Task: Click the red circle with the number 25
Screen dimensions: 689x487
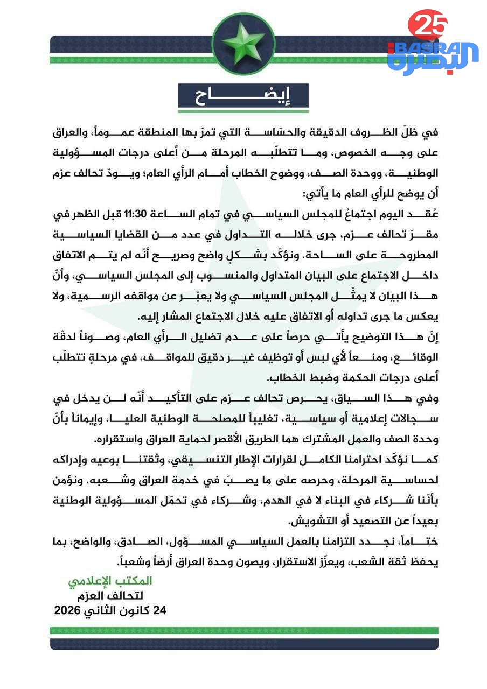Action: (x=427, y=24)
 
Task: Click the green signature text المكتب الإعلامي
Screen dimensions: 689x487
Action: (x=110, y=581)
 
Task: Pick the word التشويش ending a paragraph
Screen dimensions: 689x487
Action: (x=312, y=521)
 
